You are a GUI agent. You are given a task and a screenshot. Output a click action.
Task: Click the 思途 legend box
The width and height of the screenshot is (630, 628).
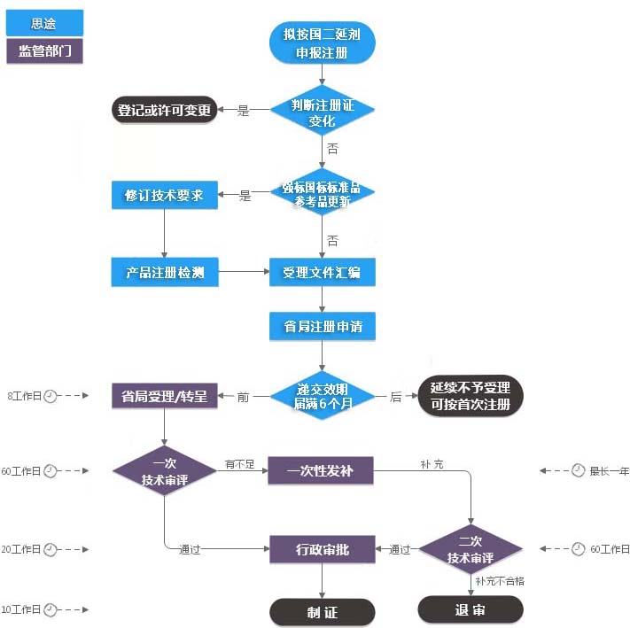pos(44,23)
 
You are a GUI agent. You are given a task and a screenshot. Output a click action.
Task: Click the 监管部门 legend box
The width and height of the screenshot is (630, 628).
pos(44,50)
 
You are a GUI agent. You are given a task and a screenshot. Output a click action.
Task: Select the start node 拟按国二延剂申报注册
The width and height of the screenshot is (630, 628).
pos(322,43)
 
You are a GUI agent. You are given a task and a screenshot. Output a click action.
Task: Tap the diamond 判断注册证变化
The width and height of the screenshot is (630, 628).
pos(322,112)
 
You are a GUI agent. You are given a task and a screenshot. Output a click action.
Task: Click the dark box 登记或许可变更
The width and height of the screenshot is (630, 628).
pos(164,111)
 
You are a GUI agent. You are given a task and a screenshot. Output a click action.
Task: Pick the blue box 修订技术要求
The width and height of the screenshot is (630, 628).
pos(165,196)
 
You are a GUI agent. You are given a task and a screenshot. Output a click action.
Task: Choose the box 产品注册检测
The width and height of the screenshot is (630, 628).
pos(165,272)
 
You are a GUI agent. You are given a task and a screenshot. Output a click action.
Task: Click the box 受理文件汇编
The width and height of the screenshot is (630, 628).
pos(322,272)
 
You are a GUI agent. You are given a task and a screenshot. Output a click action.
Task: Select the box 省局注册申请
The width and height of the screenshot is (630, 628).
pos(322,326)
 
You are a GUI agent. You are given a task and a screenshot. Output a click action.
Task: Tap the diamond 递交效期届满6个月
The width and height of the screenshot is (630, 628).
pos(322,396)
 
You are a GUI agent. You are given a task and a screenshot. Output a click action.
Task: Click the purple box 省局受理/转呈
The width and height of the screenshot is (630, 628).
pos(165,396)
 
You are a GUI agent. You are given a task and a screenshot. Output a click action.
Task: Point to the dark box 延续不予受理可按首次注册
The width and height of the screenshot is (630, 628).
pos(471,396)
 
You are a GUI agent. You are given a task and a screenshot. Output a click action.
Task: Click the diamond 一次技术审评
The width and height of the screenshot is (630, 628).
pos(165,470)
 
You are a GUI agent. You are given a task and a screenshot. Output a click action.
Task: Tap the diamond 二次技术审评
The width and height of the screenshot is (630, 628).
pos(471,549)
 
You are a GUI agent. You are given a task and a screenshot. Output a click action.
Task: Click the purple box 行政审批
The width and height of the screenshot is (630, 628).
pos(322,549)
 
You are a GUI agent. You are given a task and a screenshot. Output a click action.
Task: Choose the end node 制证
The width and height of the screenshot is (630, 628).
pos(322,612)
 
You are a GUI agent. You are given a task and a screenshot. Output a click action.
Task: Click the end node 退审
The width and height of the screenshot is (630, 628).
pos(471,609)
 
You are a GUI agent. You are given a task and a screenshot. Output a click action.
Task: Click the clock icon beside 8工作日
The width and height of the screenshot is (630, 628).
pos(51,396)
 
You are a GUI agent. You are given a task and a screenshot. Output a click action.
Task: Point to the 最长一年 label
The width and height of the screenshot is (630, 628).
pos(610,470)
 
